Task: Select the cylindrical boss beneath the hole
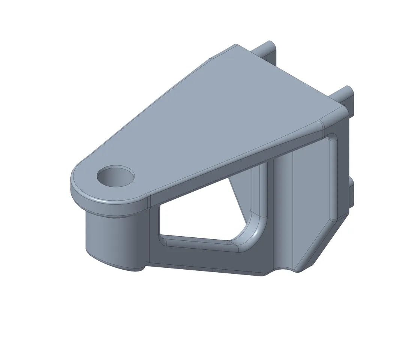click(x=112, y=240)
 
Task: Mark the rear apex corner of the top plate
click(x=234, y=47)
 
